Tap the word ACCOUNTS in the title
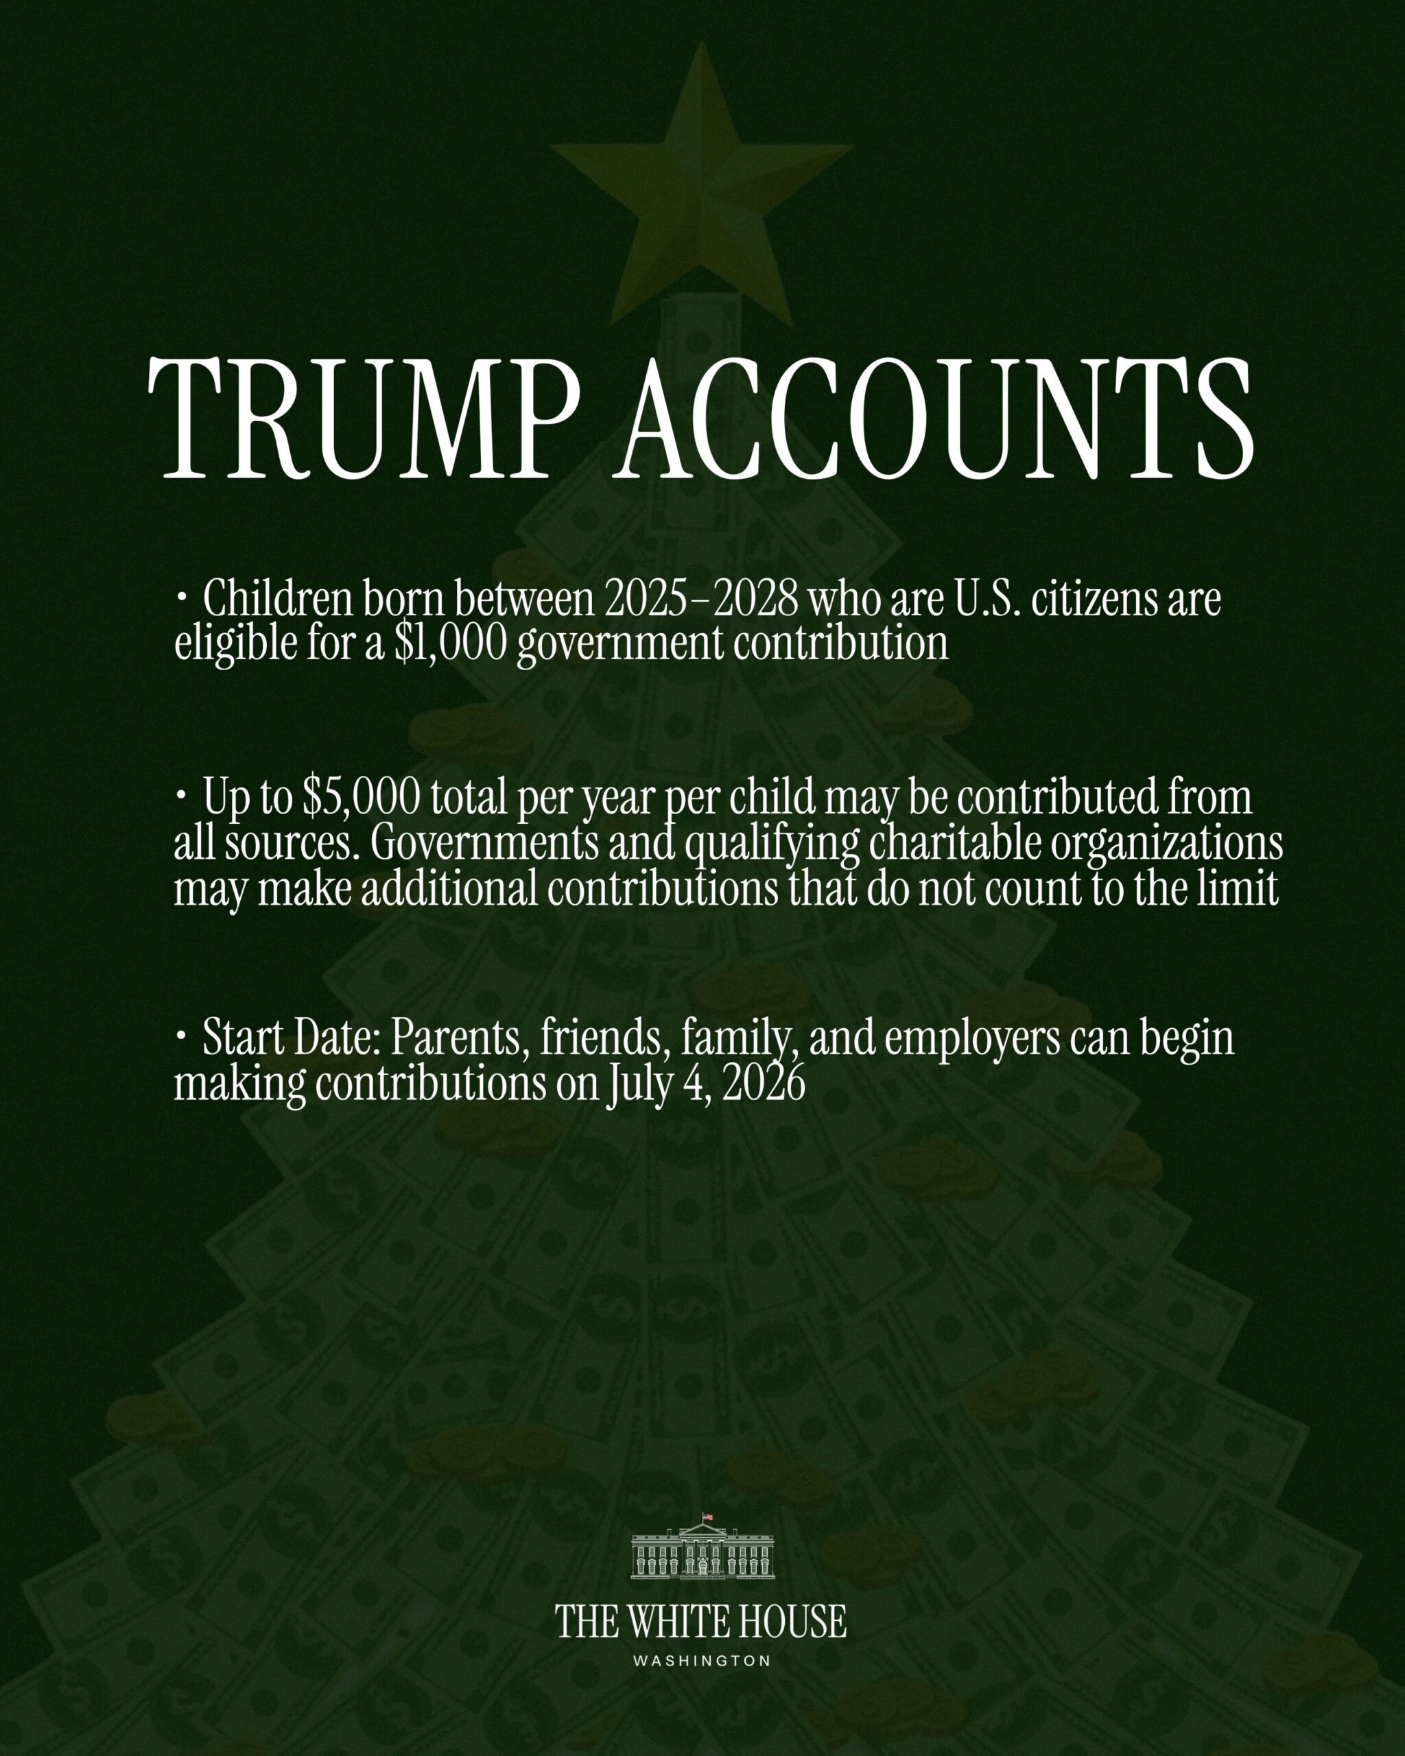[x=936, y=417]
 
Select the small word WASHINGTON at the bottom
[x=702, y=1661]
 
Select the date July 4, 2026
[x=705, y=1084]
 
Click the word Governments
[x=484, y=844]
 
